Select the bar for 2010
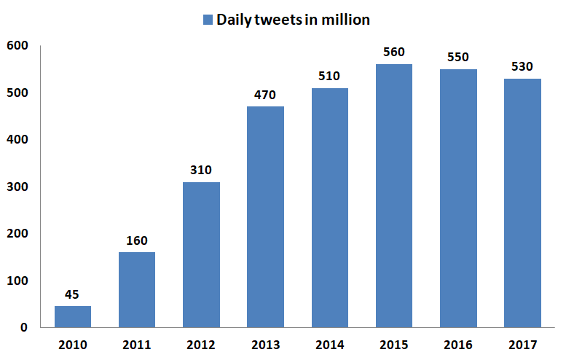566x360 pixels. pos(73,316)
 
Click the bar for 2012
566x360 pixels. pos(201,254)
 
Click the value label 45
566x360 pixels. pos(73,295)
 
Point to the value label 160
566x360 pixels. pos(137,241)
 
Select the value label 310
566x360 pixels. pos(201,171)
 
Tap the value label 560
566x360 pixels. pos(394,52)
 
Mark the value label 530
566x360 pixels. pos(522,67)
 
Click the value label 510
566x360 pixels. pos(330,77)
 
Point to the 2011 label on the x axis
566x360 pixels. pos(137,344)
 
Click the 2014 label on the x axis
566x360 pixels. pos(330,344)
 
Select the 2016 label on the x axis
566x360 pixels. pos(458,344)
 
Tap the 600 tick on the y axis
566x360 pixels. pos(17,46)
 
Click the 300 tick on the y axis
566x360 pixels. pos(17,187)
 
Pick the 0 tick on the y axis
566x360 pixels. pos(23,328)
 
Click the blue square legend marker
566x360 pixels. pos(208,20)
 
